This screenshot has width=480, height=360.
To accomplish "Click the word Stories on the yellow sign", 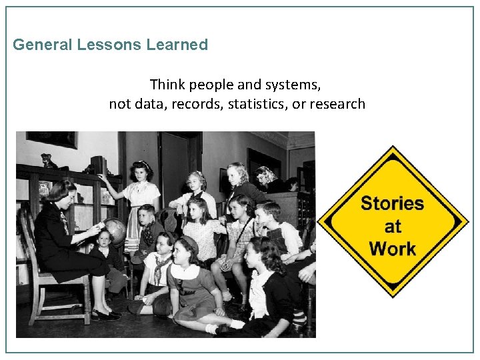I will tap(392, 203).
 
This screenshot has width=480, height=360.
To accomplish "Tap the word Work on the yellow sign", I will tap(392, 249).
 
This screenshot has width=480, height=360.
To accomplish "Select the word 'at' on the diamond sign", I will tap(393, 227).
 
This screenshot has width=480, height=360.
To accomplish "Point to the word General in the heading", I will tap(43, 45).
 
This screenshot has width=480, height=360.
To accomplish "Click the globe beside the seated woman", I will tap(115, 230).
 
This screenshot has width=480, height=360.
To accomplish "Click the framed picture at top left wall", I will tap(52, 139).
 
